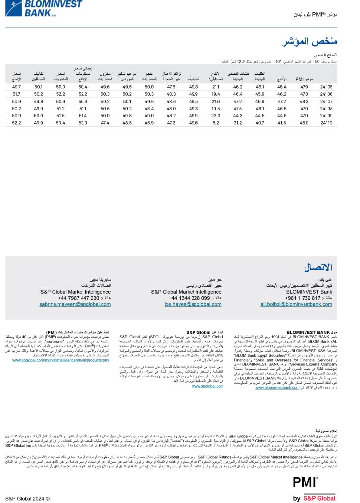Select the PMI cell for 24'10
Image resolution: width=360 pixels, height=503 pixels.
coord(304,123)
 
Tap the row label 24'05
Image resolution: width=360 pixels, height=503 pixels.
coord(326,86)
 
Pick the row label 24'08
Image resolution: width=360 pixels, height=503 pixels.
coord(326,109)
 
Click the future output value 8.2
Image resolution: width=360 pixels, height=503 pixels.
coord(215,123)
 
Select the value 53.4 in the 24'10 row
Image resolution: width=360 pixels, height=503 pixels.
coord(61,123)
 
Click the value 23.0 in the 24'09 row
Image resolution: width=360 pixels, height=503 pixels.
coord(215,116)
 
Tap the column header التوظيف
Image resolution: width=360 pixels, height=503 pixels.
coord(194,79)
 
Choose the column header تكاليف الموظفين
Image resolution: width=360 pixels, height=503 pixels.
coord(39,76)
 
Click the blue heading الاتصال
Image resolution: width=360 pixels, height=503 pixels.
coord(318,268)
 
